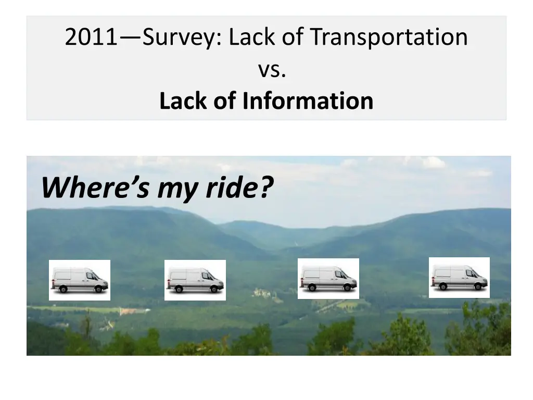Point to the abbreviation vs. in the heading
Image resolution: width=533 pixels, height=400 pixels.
(x=272, y=69)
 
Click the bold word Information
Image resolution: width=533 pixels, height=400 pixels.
(x=308, y=101)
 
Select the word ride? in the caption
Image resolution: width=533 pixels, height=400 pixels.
(x=239, y=187)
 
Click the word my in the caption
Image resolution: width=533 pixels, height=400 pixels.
(x=178, y=188)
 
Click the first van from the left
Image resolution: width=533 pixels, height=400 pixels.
(x=79, y=280)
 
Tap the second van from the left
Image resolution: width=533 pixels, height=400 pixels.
(x=195, y=280)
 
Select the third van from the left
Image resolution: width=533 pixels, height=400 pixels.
(x=328, y=279)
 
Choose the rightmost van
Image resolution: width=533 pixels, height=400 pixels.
(x=459, y=278)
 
